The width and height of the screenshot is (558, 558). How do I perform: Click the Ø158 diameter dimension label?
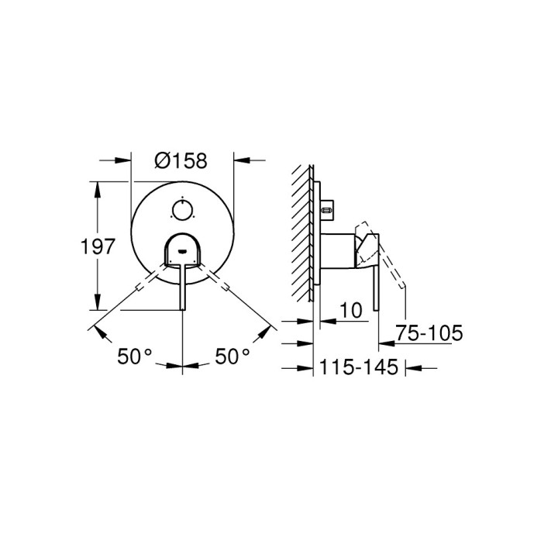(181, 160)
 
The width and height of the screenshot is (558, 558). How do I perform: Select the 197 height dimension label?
(98, 246)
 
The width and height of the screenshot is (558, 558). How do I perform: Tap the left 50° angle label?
(135, 356)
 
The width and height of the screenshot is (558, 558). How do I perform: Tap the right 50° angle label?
(232, 356)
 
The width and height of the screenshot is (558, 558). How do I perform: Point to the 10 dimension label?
(351, 310)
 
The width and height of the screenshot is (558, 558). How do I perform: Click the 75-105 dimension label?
(429, 333)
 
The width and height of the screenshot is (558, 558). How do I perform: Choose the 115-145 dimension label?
(359, 367)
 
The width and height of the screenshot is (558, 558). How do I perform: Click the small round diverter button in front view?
(182, 210)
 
